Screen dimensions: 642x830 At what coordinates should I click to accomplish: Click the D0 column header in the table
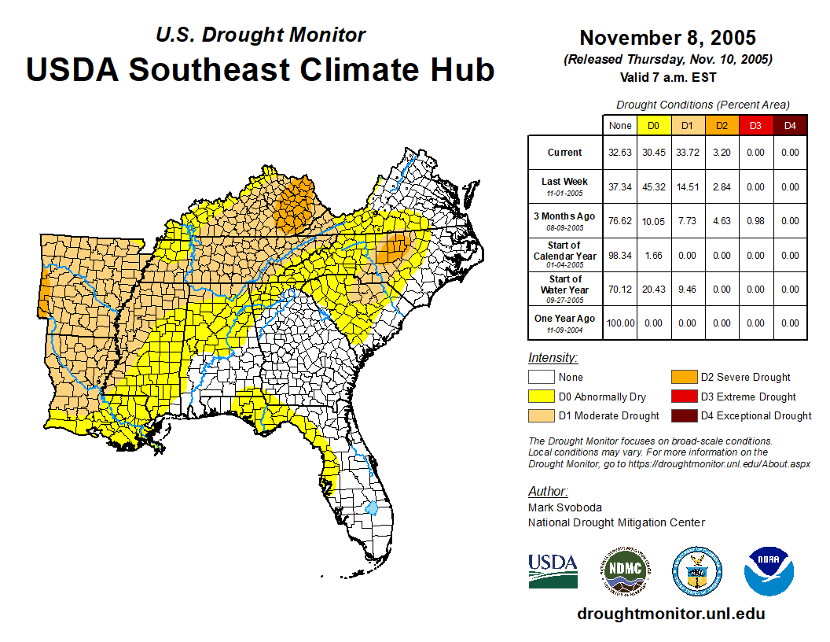(654, 126)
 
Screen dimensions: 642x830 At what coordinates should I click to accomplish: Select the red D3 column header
(755, 126)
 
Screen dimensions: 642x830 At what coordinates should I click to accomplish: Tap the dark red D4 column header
(790, 126)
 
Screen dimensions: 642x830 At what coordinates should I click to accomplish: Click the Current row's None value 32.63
(620, 153)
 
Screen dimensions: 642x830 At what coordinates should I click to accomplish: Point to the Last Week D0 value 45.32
(654, 187)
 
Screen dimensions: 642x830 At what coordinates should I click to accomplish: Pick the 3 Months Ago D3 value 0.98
(755, 221)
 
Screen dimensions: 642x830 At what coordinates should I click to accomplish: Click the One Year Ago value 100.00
(620, 323)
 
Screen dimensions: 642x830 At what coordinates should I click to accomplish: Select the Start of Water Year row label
(565, 289)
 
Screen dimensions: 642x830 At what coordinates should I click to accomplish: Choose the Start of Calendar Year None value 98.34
(620, 256)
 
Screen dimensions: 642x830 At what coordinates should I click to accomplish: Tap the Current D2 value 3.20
(722, 153)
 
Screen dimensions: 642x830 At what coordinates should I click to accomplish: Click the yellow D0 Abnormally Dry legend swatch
(541, 397)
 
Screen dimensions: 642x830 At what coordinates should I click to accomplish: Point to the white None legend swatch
(541, 378)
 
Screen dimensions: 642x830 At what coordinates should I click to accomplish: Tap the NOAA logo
(769, 570)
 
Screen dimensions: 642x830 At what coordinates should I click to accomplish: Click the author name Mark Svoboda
(564, 507)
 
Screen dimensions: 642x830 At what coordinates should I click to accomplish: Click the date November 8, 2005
(667, 38)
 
